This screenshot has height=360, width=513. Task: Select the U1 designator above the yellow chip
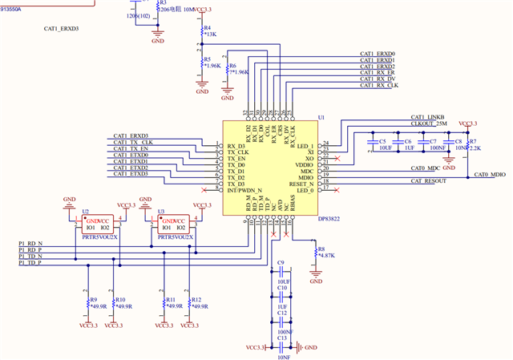tap(321, 118)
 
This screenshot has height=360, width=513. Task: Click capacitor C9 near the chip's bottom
tap(281, 273)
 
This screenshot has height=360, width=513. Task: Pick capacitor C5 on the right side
tap(371, 144)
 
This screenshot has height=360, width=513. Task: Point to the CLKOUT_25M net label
tap(428, 124)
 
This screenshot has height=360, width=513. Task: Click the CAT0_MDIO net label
tap(491, 174)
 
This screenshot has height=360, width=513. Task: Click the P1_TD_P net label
tap(30, 263)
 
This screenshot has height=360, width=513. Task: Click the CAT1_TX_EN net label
tap(131, 149)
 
